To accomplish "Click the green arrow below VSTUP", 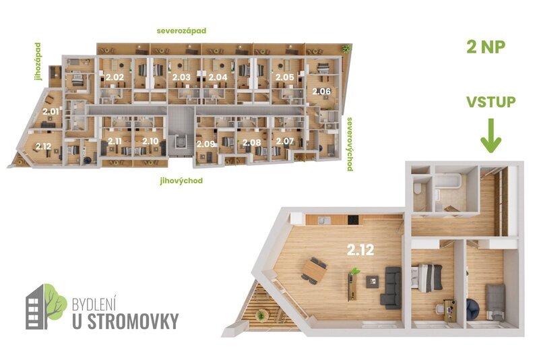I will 490,136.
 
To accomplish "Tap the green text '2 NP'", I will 486,47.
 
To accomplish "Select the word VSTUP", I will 491,102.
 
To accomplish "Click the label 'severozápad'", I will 181,31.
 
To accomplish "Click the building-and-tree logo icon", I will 46,307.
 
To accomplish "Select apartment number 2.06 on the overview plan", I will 321,91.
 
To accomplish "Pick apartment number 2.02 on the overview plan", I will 115,78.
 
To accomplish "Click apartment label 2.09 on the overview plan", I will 205,143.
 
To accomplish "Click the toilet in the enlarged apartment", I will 420,191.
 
